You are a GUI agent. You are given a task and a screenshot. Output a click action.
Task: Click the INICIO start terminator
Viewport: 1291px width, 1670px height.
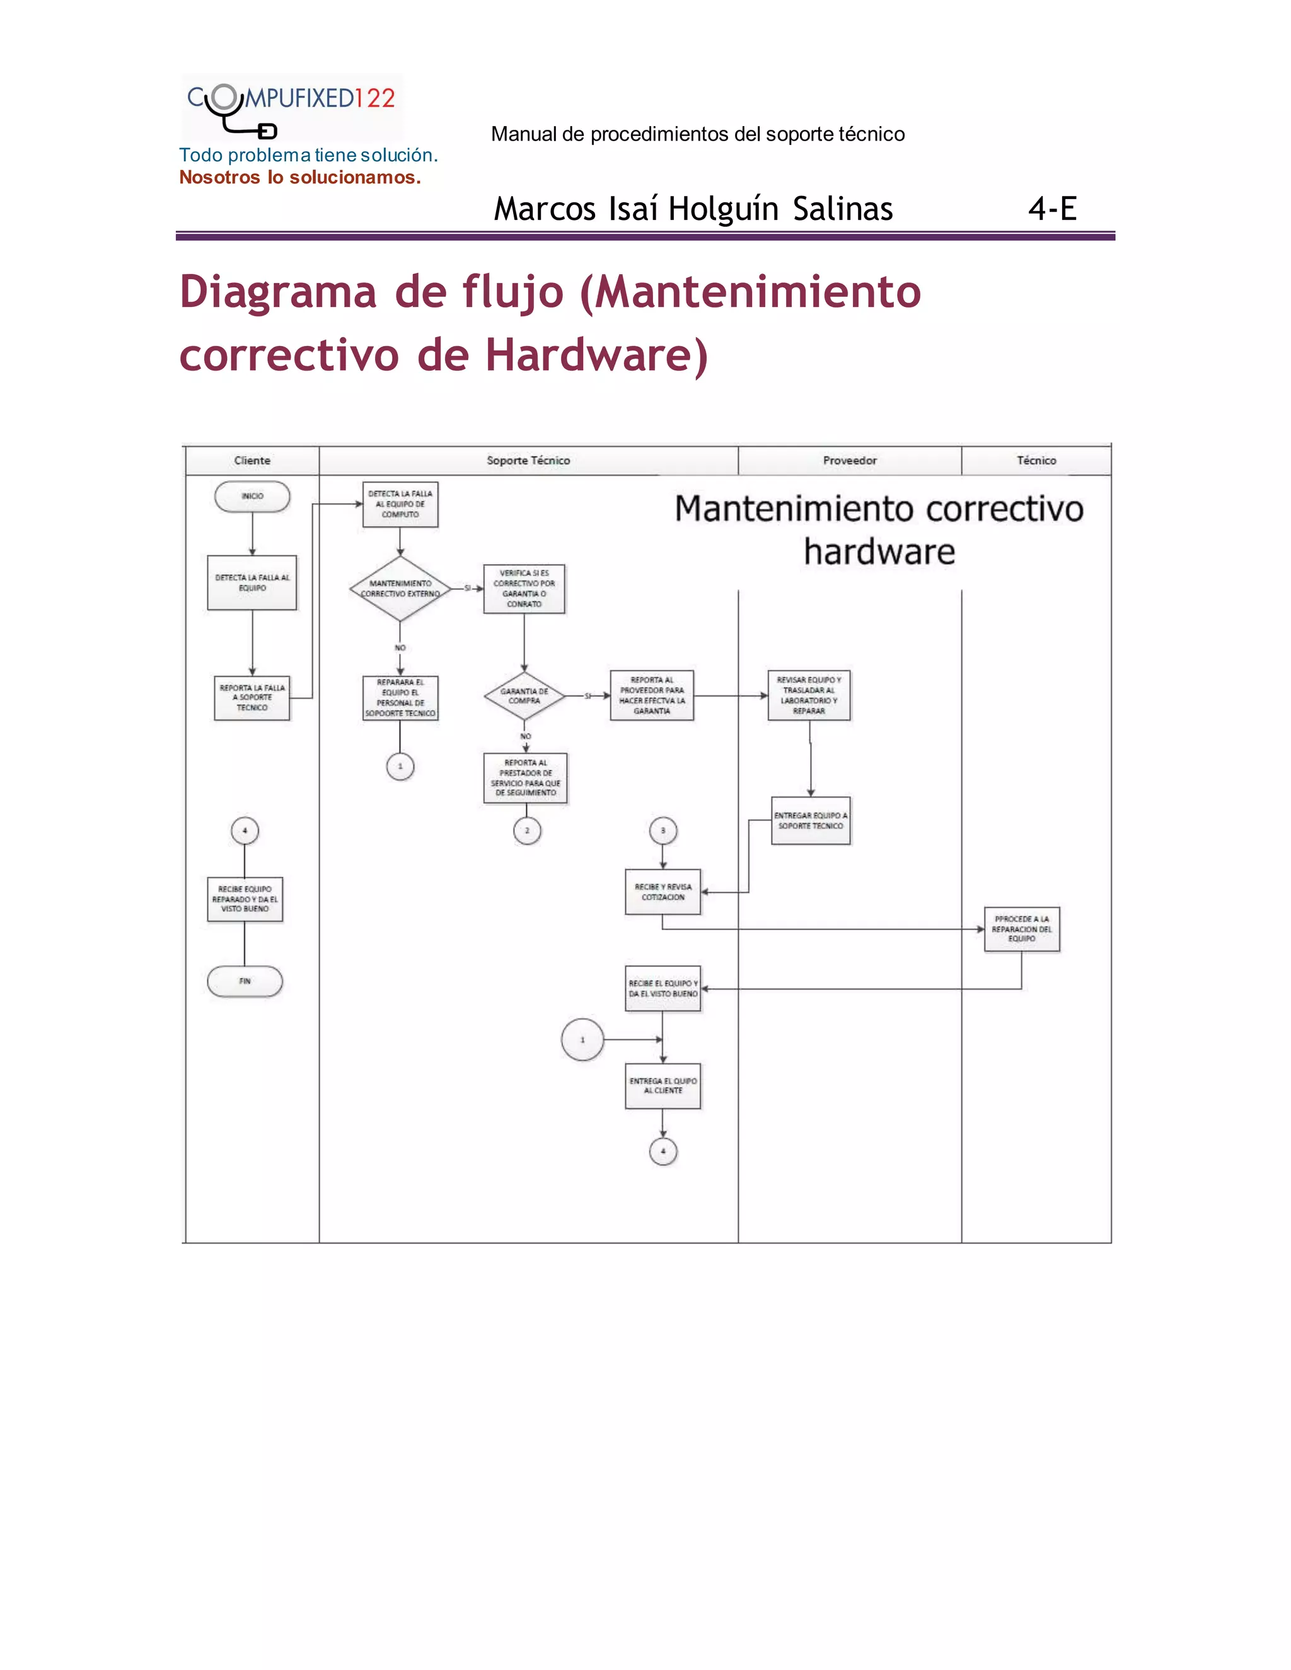coord(252,496)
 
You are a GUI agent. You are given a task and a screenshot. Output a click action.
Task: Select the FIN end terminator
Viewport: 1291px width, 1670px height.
coord(245,981)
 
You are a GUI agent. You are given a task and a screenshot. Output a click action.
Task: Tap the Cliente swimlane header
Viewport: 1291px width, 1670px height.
coord(252,460)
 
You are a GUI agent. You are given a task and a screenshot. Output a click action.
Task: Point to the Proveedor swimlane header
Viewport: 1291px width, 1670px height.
coord(850,460)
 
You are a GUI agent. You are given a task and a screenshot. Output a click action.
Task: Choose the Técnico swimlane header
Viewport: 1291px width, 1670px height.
coord(1036,460)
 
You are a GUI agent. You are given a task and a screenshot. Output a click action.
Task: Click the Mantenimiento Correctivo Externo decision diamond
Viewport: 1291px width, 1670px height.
coord(400,589)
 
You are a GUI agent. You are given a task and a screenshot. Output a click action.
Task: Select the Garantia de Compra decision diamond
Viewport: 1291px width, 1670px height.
coord(524,696)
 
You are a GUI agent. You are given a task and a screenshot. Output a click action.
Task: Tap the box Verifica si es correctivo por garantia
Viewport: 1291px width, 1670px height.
coord(524,589)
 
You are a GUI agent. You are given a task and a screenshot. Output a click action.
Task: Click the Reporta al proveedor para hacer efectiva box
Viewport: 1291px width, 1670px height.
coord(652,696)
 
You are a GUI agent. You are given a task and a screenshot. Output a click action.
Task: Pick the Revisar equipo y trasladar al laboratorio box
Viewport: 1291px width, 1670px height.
coord(809,696)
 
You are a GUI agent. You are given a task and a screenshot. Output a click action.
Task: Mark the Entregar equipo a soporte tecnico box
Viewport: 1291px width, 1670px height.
coord(811,821)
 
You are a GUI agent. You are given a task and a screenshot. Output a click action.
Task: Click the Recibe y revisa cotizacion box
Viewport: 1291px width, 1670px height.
coord(663,892)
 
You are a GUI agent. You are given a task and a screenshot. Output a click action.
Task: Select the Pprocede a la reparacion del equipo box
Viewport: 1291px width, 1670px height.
coord(1022,929)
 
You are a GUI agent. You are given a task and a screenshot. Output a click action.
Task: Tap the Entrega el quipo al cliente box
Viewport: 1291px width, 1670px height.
coord(663,1086)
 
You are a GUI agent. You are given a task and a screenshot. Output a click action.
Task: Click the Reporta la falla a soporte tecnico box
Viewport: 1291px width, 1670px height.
coord(252,698)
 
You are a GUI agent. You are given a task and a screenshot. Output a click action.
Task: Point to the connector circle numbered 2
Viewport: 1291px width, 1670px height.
coord(527,831)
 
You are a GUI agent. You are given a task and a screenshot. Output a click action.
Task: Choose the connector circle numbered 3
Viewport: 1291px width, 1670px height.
coord(663,831)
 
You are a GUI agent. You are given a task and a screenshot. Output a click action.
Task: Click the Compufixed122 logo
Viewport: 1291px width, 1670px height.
coord(291,107)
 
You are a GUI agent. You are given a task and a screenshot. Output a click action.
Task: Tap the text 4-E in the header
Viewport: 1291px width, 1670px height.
coord(1052,209)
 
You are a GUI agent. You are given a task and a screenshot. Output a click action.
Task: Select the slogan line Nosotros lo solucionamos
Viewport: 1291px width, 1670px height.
coord(300,178)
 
